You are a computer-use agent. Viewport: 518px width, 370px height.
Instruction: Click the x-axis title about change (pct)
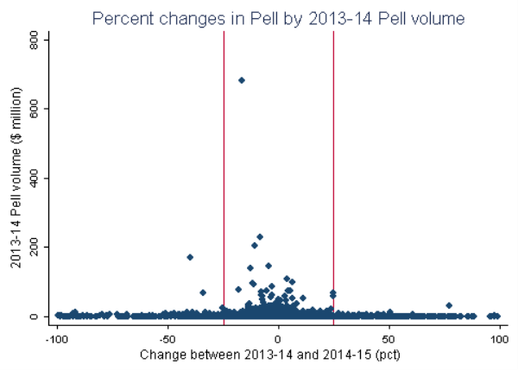click(278, 354)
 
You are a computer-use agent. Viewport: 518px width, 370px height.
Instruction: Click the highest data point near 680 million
click(242, 80)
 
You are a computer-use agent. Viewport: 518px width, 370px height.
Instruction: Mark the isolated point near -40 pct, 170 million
click(190, 257)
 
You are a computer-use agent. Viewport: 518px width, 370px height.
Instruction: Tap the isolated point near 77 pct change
click(449, 305)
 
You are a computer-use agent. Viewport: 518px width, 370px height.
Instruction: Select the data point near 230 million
click(260, 236)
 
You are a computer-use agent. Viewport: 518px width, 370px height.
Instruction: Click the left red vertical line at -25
click(224, 172)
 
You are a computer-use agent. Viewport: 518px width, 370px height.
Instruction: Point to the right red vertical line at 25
click(333, 172)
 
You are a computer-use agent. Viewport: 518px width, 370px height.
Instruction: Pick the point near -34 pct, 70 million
click(203, 292)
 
